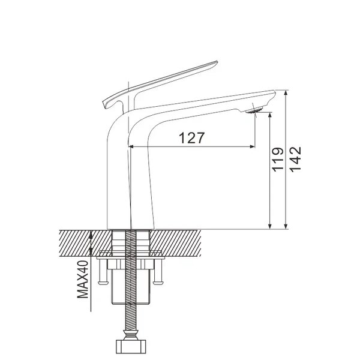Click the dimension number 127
click(191, 138)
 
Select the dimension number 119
click(278, 160)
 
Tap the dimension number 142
click(295, 159)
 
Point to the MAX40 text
click(83, 279)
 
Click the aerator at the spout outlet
click(254, 110)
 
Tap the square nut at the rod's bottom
click(130, 347)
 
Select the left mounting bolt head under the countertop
click(103, 282)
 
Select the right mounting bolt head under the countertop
click(158, 282)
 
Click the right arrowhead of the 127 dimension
click(253, 146)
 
